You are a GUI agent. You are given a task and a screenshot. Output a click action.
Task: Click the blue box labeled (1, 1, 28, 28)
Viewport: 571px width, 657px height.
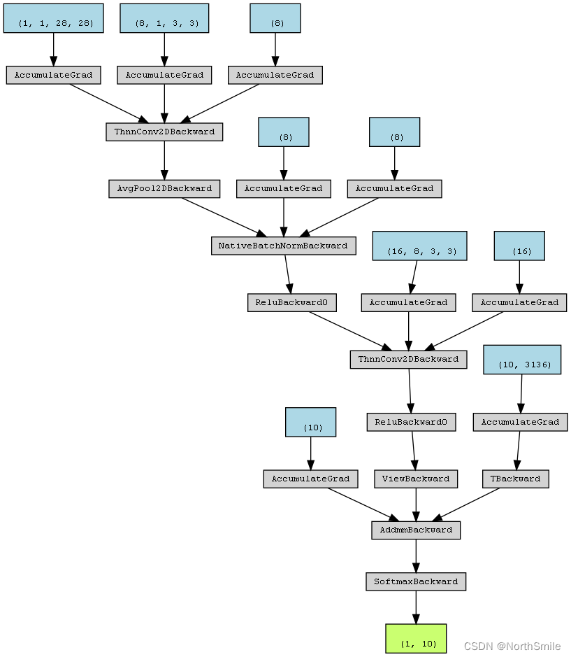(x=53, y=18)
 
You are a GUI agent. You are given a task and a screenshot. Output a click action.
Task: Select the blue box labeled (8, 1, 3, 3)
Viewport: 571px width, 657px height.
(x=164, y=18)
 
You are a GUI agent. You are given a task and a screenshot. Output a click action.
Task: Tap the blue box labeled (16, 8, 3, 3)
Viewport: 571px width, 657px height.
(x=419, y=246)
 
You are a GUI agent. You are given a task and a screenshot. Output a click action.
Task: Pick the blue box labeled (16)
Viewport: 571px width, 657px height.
(x=519, y=246)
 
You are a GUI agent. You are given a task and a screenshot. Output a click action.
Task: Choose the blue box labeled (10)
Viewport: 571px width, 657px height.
(x=310, y=423)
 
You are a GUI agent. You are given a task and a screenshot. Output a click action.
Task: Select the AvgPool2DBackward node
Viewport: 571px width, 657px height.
(x=164, y=188)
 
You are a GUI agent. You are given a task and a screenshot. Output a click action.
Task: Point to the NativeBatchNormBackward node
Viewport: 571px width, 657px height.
(x=283, y=246)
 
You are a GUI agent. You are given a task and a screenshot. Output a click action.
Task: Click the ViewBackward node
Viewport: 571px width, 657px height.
(x=417, y=479)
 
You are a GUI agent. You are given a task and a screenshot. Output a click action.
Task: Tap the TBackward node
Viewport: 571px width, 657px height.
(x=516, y=479)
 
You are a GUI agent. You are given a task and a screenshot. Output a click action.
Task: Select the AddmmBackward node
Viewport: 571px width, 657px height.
(x=416, y=530)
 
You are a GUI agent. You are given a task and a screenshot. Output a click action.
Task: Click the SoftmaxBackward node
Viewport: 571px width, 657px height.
(x=416, y=581)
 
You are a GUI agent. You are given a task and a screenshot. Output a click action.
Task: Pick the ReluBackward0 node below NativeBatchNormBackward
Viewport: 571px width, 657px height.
(x=292, y=302)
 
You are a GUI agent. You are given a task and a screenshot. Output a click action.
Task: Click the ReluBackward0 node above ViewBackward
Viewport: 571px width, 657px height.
(x=412, y=422)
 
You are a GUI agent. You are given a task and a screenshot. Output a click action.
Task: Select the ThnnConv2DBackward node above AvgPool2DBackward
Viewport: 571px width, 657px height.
(x=164, y=132)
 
